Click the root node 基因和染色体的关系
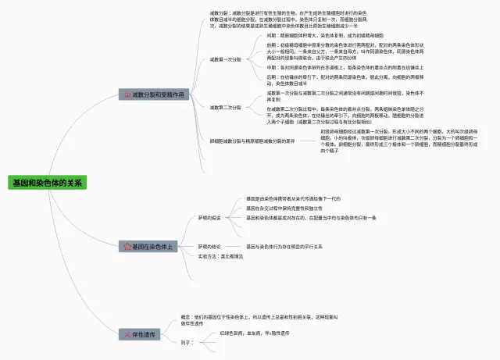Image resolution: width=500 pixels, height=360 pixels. click(x=48, y=183)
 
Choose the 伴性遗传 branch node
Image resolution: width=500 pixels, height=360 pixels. click(x=141, y=333)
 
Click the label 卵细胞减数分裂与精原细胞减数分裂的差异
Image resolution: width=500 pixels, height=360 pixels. click(x=241, y=141)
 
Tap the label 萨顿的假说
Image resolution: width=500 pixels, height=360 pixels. click(x=209, y=218)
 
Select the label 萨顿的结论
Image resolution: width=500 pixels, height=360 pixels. click(x=209, y=246)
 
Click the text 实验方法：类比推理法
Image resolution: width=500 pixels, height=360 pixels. click(x=221, y=256)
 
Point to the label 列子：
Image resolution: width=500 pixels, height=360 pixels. click(x=187, y=342)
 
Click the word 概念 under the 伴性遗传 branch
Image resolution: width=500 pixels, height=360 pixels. click(x=187, y=316)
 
